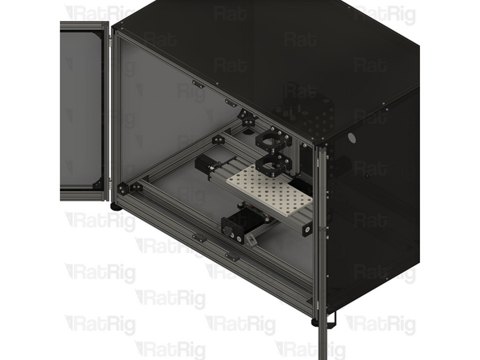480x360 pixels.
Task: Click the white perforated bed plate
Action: click(x=268, y=191)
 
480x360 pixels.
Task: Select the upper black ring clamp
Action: click(x=274, y=140)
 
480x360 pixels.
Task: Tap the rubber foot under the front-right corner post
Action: click(x=315, y=321)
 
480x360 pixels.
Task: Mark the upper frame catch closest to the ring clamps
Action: click(x=232, y=103)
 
